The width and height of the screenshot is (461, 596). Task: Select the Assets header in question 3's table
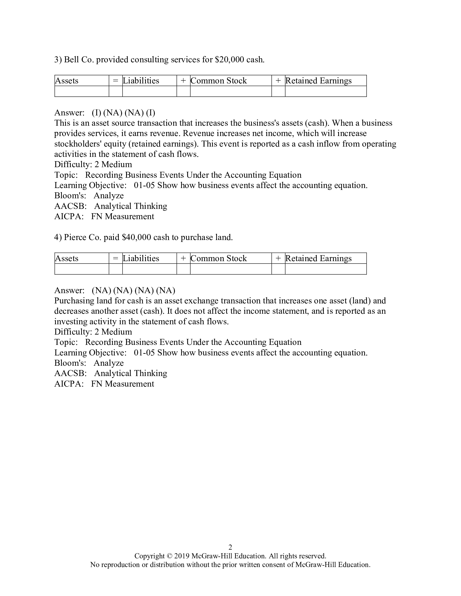click(x=67, y=80)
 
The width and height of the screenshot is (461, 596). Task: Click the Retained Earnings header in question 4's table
click(x=318, y=258)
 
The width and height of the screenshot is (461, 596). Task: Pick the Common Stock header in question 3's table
click(x=219, y=80)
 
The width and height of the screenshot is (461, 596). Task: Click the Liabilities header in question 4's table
click(x=141, y=258)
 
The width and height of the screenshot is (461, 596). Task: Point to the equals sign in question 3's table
click(x=116, y=80)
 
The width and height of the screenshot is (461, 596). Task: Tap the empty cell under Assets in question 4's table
click(x=82, y=269)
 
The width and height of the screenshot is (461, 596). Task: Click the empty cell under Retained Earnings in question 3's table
click(x=325, y=91)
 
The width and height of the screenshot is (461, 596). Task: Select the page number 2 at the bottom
click(x=230, y=547)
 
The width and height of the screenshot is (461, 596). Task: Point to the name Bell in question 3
click(x=72, y=60)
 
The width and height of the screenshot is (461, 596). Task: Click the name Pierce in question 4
click(x=75, y=237)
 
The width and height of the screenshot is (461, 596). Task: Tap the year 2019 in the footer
click(x=182, y=556)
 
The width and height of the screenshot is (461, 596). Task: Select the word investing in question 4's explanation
click(x=70, y=322)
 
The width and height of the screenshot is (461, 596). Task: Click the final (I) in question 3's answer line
click(x=151, y=112)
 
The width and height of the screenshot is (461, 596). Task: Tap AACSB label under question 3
click(x=70, y=206)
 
